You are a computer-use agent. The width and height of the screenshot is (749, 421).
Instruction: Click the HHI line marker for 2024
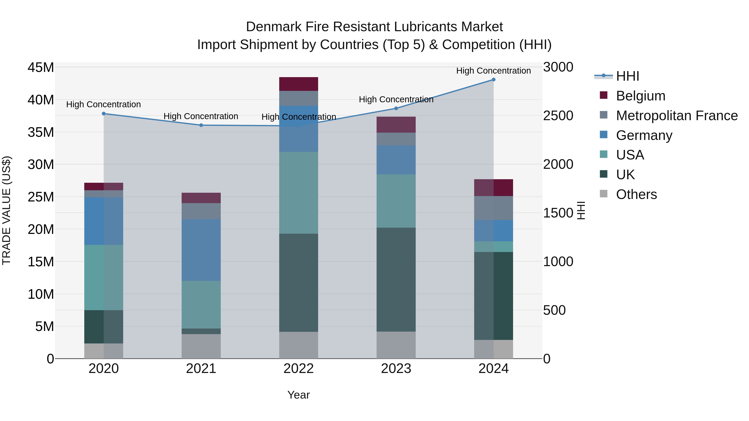(494, 79)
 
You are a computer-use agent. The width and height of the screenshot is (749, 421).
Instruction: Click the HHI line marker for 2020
(104, 114)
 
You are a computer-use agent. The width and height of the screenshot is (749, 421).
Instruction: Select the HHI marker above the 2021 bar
(201, 125)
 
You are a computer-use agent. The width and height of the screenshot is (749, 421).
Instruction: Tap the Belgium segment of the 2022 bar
(299, 84)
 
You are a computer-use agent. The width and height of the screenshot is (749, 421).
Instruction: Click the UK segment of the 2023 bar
(396, 279)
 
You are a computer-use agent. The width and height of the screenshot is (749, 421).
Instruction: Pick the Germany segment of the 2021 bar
(201, 250)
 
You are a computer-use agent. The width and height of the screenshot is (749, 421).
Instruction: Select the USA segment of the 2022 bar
(299, 193)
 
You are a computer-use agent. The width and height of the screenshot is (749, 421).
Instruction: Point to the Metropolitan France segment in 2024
(494, 208)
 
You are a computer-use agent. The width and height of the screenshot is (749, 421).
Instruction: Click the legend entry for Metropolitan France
(676, 116)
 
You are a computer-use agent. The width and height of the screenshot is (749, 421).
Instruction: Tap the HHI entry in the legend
(627, 76)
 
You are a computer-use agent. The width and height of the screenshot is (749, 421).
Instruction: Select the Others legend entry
(636, 194)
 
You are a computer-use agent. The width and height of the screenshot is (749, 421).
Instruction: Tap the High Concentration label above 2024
(494, 71)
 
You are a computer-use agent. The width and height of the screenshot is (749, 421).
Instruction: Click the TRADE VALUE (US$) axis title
(7, 210)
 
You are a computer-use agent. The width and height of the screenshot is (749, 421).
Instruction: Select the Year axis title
(299, 395)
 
